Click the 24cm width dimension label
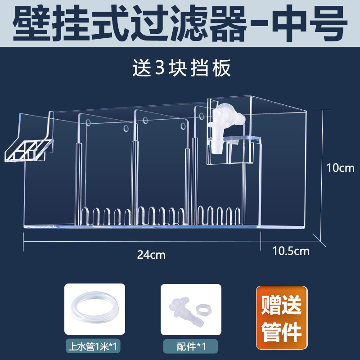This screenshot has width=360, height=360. (x=152, y=255)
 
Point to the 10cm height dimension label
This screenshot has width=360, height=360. (x=340, y=168)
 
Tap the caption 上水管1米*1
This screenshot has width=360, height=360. (x=94, y=346)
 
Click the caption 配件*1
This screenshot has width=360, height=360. (x=191, y=346)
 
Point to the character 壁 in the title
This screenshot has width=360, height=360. (x=32, y=23)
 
